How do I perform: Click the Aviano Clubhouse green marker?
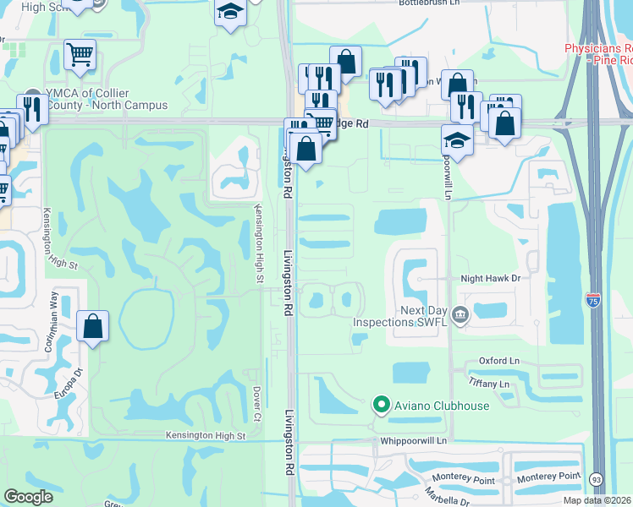(x=381, y=406)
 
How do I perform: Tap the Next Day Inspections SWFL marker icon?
(x=460, y=315)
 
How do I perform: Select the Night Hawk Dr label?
(x=489, y=277)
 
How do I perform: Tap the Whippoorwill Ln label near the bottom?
(x=412, y=441)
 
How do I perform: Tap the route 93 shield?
(x=597, y=480)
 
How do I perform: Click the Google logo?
(x=28, y=497)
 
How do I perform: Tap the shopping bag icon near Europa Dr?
(x=92, y=326)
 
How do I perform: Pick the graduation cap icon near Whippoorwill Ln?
(x=457, y=140)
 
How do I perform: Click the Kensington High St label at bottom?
(x=204, y=436)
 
